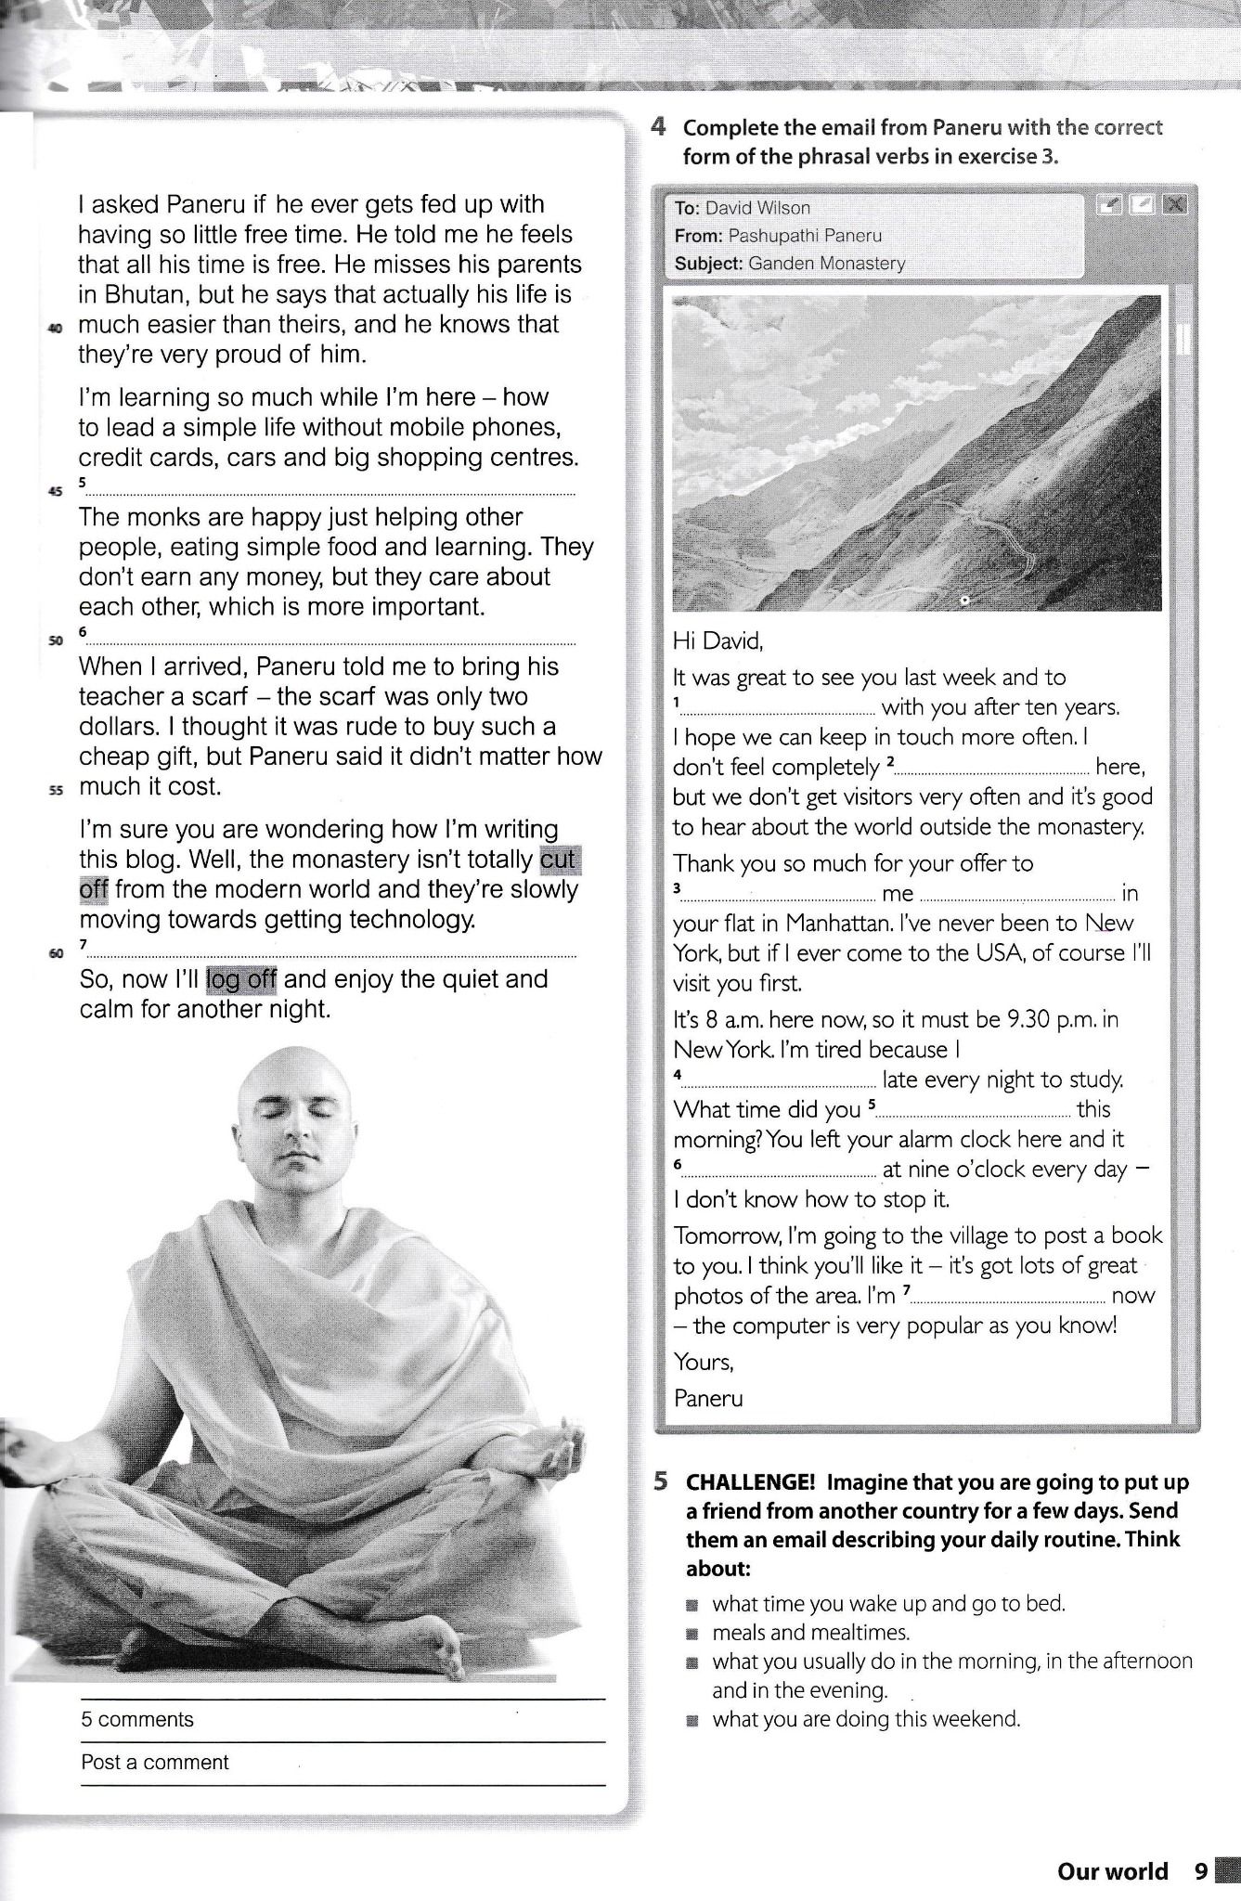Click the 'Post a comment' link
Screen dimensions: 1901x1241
click(154, 1762)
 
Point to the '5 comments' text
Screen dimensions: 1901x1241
click(137, 1719)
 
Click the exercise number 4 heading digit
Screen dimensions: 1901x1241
click(658, 127)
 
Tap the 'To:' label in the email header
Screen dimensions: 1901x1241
click(687, 208)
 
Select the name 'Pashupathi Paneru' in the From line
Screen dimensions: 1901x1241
click(805, 236)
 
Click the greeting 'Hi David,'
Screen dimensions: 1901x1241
click(717, 640)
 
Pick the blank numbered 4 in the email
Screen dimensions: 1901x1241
click(778, 1081)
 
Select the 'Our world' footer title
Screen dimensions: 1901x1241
click(1112, 1871)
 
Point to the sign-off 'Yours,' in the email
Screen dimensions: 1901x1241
click(704, 1362)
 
